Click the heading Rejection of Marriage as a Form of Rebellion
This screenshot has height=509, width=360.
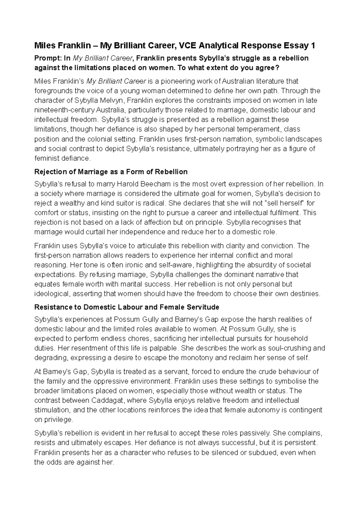pyautogui.click(x=111, y=172)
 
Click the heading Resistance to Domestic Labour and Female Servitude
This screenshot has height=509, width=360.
pyautogui.click(x=127, y=307)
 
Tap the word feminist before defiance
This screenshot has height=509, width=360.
pyautogui.click(x=46, y=158)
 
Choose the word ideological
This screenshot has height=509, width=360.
pyautogui.click(x=52, y=294)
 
